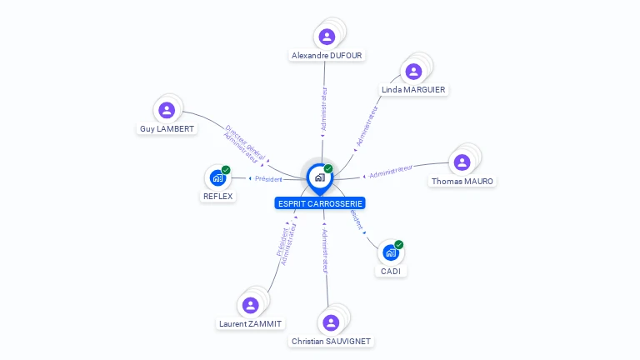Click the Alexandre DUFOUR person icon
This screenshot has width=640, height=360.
[327, 37]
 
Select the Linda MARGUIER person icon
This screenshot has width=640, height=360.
[413, 72]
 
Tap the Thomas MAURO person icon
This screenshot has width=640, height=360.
[462, 162]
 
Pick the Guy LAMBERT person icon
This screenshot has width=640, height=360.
[167, 110]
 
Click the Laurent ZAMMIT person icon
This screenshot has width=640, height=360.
[250, 305]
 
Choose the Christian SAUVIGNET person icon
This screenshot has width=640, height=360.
[331, 322]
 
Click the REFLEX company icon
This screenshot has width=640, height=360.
[218, 177]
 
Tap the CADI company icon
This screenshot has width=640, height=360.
[390, 252]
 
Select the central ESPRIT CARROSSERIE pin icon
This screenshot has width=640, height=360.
[320, 177]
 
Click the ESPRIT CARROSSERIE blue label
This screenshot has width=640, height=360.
[320, 203]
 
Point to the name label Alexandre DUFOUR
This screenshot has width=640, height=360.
[327, 56]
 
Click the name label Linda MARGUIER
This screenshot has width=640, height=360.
[413, 90]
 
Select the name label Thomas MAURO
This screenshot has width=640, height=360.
[462, 182]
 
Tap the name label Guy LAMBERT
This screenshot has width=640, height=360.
[167, 129]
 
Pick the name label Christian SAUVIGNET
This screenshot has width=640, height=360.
[331, 342]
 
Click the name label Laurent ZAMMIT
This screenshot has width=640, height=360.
[250, 324]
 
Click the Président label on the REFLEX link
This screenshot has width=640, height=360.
[268, 178]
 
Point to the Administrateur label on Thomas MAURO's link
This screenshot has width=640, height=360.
[392, 172]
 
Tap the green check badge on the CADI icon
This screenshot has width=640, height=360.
[399, 245]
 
